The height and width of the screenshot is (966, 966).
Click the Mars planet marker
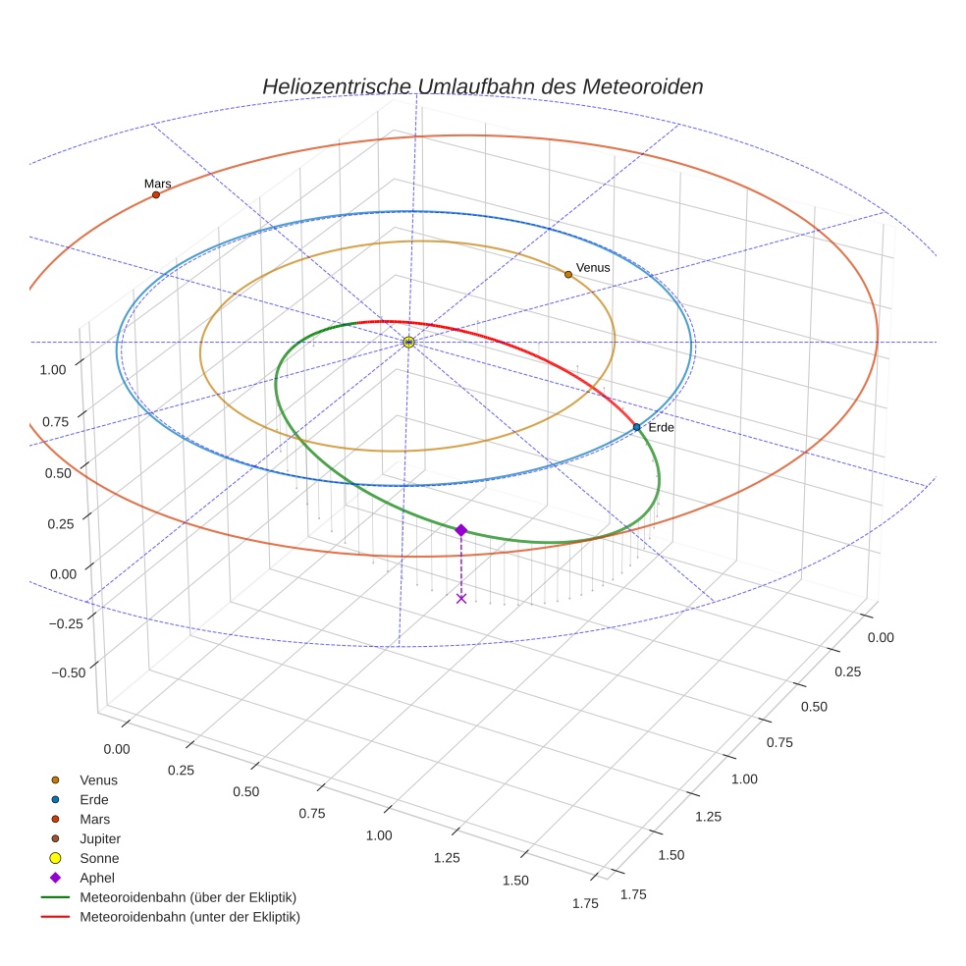tap(156, 195)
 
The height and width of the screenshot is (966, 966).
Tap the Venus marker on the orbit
tap(568, 275)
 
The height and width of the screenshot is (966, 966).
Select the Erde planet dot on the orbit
tap(636, 427)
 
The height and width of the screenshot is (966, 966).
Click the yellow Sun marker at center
tap(408, 342)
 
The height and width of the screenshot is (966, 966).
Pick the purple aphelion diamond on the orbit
tap(461, 530)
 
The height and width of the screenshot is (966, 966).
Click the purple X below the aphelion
tap(461, 598)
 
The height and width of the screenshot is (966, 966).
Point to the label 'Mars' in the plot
tap(157, 184)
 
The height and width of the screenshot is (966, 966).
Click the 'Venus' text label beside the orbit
tap(593, 267)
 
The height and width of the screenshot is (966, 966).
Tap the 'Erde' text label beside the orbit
tap(662, 427)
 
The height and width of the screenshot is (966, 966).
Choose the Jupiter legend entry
tap(100, 839)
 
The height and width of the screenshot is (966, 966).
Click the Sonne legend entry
tap(99, 859)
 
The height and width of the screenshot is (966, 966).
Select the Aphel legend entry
tap(97, 878)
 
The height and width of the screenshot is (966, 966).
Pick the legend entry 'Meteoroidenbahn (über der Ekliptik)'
tap(188, 897)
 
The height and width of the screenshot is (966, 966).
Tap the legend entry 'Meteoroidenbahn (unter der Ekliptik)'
tap(189, 917)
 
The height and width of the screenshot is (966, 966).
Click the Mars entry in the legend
tap(94, 820)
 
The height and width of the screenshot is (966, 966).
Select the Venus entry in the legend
tap(98, 780)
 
